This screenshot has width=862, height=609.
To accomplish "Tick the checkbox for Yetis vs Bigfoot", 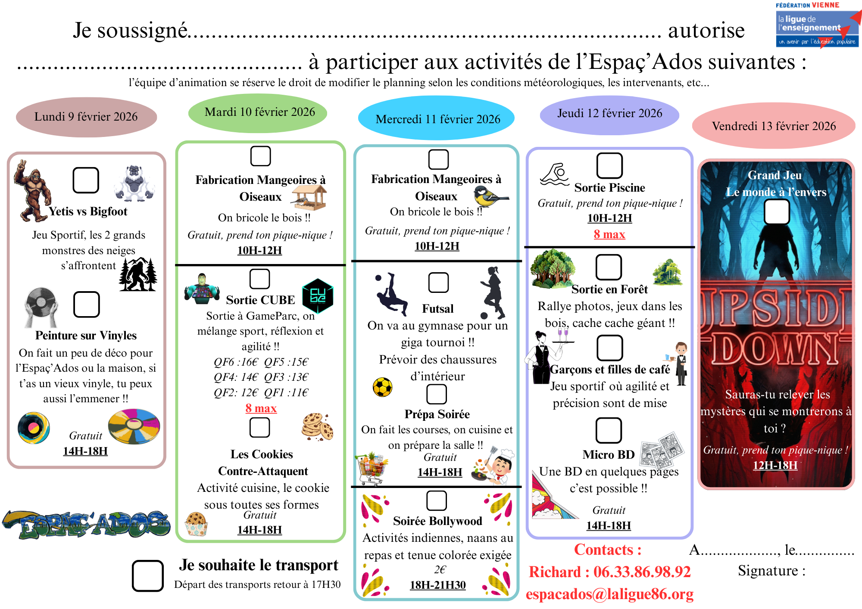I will [86, 180].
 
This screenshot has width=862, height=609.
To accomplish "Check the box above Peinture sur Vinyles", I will [86, 304].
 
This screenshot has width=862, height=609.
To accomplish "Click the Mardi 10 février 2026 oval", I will [258, 113].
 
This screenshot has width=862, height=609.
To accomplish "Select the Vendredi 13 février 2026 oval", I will [773, 126].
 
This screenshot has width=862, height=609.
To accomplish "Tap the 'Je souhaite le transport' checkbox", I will [147, 575].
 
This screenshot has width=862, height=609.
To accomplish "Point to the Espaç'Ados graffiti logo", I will [86, 524].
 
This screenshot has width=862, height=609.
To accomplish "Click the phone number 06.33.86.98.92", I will [642, 572].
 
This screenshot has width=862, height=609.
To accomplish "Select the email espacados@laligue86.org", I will [609, 594].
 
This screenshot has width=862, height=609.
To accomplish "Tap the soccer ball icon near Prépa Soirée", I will [382, 387].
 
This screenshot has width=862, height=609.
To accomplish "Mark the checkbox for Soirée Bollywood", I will [436, 500].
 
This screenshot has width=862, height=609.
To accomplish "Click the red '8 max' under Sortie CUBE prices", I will [261, 408].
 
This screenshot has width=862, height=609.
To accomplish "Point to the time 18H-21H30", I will [437, 585].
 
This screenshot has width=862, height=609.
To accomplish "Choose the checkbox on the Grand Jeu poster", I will [776, 212].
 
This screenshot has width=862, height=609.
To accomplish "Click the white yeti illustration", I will [134, 183].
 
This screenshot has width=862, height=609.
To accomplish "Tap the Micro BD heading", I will [608, 454].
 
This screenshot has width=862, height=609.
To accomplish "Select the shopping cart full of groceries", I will [371, 469].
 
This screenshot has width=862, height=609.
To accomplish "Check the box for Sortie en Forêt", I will [608, 267].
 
